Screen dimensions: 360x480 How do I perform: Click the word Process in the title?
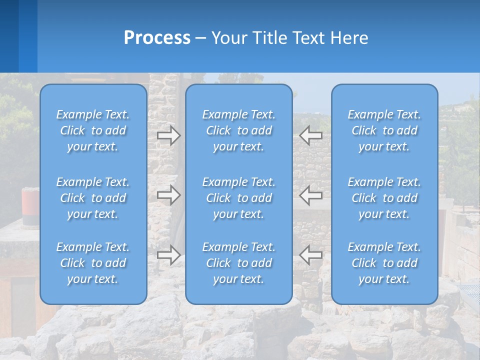[157, 38]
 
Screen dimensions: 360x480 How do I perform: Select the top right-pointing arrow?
[169, 135]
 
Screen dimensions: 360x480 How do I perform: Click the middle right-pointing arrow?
[169, 195]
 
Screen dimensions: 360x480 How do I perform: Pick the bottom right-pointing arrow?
[169, 255]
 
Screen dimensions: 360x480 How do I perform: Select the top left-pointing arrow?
[311, 135]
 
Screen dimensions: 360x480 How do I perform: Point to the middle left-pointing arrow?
[311, 195]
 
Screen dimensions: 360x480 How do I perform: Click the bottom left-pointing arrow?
[311, 255]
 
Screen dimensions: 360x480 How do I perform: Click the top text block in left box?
[93, 130]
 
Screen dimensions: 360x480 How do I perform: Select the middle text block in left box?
[93, 198]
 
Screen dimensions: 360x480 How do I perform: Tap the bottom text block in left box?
[93, 263]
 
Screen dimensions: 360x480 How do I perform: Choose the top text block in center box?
[238, 130]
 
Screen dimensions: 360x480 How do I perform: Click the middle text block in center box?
[238, 198]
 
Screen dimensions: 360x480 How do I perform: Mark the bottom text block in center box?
[238, 263]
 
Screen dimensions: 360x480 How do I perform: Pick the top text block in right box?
[384, 130]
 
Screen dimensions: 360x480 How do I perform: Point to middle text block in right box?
[384, 198]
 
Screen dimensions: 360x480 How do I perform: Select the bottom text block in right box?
[384, 263]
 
